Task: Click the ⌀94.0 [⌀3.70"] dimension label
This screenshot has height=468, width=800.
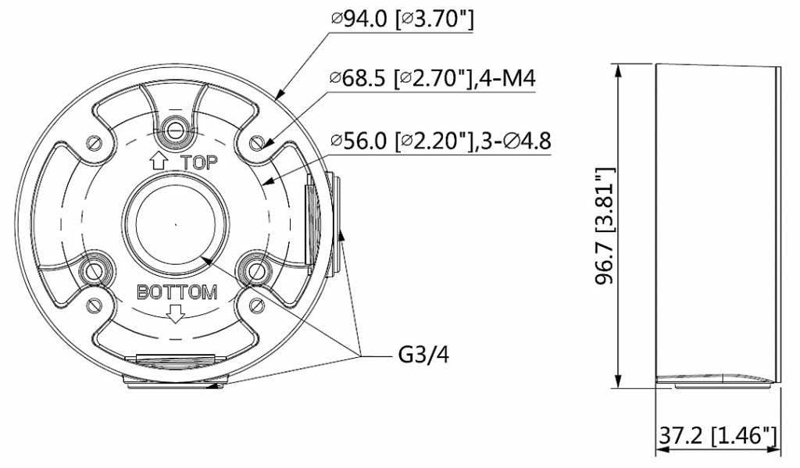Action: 402,20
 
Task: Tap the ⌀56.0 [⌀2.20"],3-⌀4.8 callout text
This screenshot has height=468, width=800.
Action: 441,141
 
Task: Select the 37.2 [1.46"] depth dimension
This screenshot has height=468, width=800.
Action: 716,436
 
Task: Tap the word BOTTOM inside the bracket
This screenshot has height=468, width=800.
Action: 177,293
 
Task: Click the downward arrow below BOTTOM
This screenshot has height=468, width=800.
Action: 176,313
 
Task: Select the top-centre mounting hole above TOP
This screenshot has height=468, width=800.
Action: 176,127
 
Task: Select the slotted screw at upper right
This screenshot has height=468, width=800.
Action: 258,143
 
